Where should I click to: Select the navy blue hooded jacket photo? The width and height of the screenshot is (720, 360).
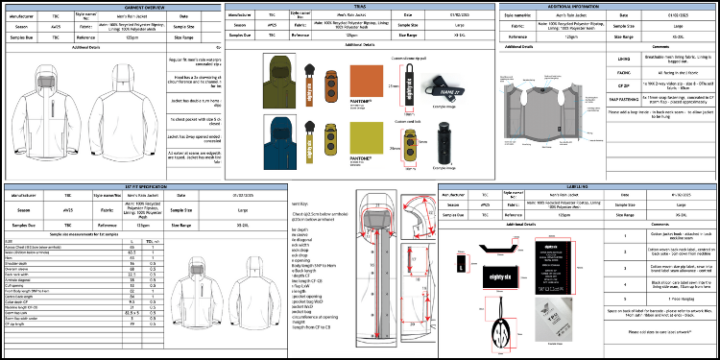pyautogui.click(x=283, y=136)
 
